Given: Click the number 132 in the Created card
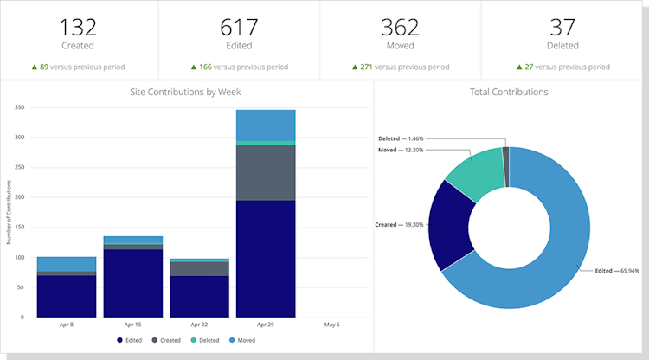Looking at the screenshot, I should pos(78,27).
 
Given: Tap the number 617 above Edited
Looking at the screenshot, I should pos(239,27).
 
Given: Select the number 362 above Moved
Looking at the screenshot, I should pos(400,27).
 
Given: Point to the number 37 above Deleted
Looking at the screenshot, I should pos(562,27).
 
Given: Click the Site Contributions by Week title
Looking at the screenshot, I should pos(186,91).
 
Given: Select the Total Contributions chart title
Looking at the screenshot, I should pos(509,91).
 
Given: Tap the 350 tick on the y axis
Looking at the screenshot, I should pos(18,108).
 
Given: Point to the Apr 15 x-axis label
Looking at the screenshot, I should pos(132,325).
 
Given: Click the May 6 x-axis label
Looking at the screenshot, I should pos(332,325).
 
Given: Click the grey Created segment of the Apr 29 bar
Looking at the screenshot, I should pos(266,172).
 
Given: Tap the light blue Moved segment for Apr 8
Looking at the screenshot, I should pos(67,264).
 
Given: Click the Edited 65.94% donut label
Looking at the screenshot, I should pos(617,271).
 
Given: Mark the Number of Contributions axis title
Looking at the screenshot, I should pos(10,212).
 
